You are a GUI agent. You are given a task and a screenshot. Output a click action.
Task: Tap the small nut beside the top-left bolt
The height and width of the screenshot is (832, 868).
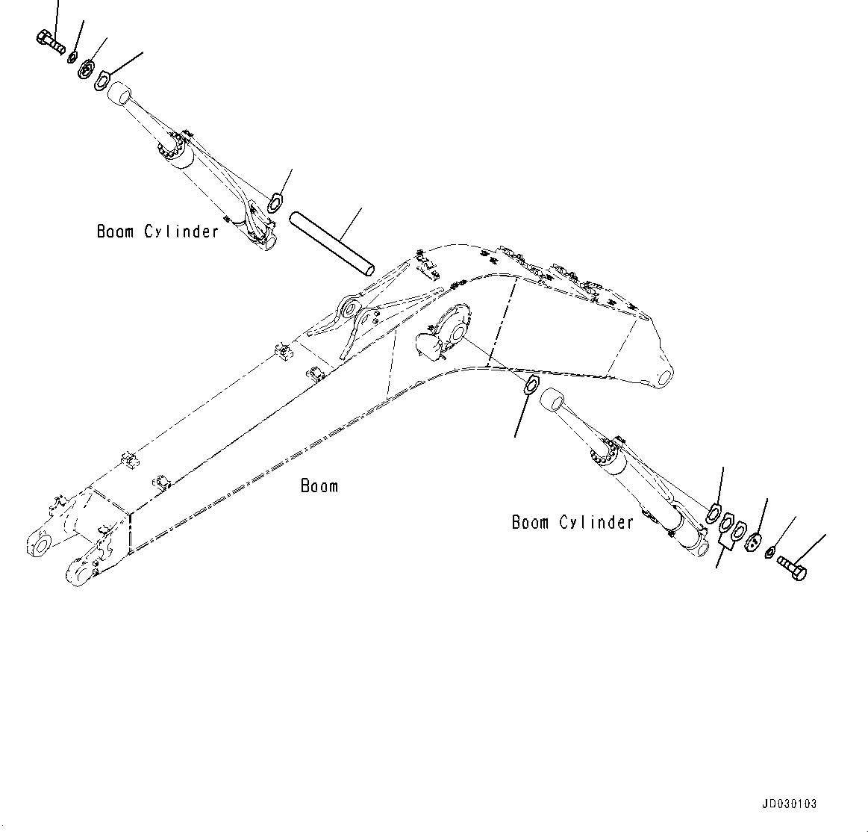tap(72, 58)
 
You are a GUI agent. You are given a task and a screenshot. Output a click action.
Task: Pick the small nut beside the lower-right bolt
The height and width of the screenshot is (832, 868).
tap(770, 551)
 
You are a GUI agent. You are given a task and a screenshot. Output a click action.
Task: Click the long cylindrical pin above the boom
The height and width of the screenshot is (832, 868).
tap(331, 242)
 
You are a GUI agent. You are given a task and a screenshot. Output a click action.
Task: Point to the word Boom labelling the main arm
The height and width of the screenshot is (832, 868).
tap(319, 486)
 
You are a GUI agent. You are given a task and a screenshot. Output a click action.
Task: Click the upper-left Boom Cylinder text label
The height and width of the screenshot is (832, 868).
tap(157, 232)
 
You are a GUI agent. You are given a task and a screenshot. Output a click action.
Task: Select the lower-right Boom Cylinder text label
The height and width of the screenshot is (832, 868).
tap(572, 522)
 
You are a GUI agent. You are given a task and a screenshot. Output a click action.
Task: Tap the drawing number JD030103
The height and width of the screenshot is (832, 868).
tap(790, 804)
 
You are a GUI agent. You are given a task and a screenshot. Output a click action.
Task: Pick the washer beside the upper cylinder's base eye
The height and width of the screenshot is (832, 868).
tap(275, 201)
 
